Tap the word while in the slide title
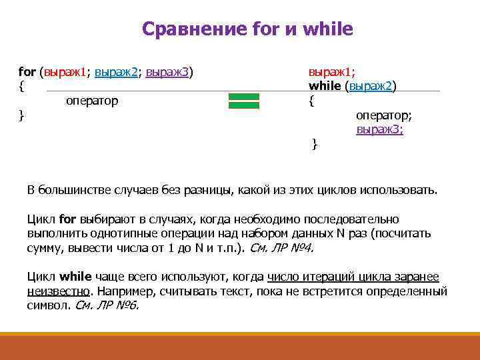pos(327,30)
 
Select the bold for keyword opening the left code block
pos(27,71)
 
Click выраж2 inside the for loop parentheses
pos(117,71)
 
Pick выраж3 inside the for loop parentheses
pos(167,71)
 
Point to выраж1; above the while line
pos(331,71)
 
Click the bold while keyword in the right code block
pos(324,86)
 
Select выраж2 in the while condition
pos(370,86)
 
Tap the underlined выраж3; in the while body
pos(379,129)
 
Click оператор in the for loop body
pos(92,101)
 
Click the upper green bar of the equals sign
pos(243,97)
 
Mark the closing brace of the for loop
pos(22,116)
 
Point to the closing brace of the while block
pos(315,144)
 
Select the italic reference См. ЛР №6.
pos(107,306)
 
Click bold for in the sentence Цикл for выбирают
pos(68,219)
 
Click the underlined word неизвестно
pos(58,291)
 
